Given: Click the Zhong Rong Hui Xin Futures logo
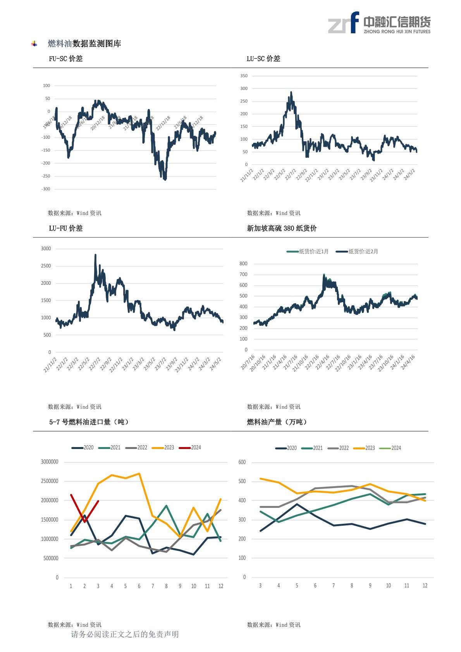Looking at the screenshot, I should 379,23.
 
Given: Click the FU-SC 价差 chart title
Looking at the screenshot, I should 65,58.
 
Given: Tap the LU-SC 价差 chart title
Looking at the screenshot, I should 263,58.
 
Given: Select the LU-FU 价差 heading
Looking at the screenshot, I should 65,228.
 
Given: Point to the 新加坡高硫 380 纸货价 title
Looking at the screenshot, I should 282,228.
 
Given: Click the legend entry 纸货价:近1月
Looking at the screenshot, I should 308,252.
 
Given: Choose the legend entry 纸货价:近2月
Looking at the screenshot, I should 358,252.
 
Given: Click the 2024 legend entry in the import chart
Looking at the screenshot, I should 190,447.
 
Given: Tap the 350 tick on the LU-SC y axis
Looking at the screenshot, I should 244,76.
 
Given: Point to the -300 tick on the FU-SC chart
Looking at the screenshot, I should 46,189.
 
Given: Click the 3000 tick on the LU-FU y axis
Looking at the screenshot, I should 46,249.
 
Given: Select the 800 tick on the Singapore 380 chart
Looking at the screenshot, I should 243,264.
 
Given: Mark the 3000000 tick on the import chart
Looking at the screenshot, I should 50,462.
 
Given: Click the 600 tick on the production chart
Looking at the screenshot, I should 242,462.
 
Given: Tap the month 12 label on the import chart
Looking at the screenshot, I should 221,586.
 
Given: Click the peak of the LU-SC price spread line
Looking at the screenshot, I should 291,93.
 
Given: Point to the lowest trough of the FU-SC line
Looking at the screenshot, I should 165,179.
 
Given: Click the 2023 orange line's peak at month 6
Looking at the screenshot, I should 139,473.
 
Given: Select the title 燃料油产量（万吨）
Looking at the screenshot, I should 277,422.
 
